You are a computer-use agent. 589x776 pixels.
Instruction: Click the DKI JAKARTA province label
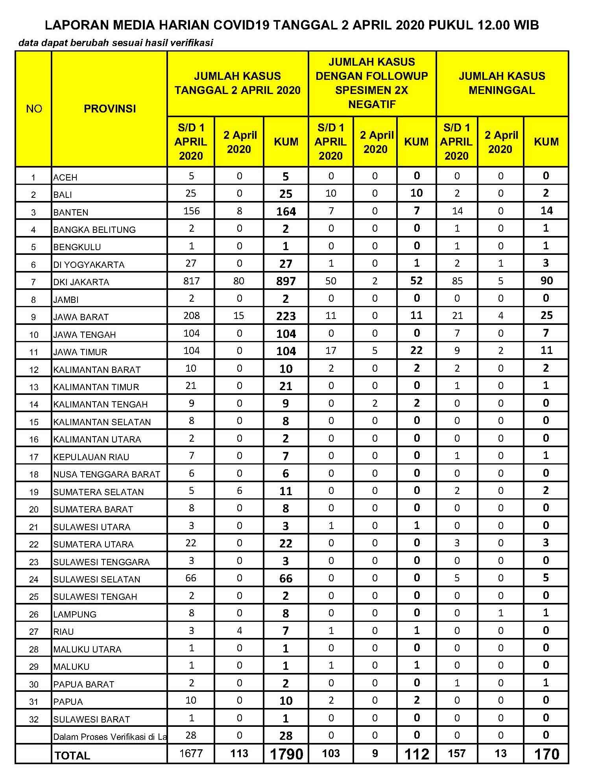[81, 282]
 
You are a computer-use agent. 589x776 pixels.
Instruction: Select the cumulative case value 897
[286, 281]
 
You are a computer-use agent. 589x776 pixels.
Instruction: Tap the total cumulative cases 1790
[286, 754]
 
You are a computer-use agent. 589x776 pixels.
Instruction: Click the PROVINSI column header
[110, 109]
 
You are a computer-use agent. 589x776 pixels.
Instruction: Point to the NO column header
[34, 109]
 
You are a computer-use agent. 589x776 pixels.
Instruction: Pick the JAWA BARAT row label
[81, 317]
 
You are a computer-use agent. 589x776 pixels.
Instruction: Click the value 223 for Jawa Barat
[286, 316]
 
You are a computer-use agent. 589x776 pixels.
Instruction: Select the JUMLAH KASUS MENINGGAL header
[502, 83]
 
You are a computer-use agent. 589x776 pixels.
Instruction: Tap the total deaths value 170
[547, 754]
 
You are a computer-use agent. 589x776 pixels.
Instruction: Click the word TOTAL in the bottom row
[72, 755]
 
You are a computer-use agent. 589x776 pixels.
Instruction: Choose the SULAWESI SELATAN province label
[97, 579]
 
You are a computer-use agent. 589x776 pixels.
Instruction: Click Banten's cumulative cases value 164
[286, 212]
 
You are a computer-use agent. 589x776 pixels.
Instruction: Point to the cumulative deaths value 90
[547, 281]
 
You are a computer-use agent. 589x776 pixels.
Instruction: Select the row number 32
[34, 719]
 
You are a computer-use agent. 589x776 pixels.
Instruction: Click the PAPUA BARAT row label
[84, 684]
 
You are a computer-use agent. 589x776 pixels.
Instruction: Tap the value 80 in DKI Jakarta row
[239, 281]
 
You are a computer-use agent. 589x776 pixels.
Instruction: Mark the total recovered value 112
[417, 754]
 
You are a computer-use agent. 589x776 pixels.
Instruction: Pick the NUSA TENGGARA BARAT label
[107, 474]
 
